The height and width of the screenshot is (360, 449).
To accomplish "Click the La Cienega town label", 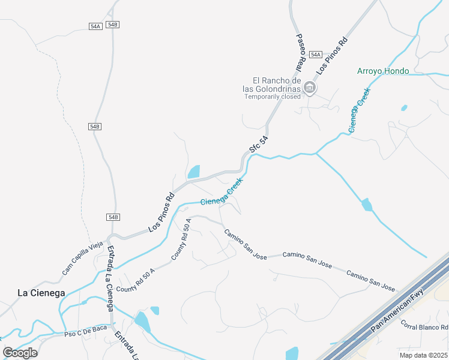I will pyautogui.click(x=41, y=293).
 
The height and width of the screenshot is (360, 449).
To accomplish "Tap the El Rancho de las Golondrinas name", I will pyautogui.click(x=276, y=85).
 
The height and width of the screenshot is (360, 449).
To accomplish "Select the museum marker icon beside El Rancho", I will pyautogui.click(x=310, y=88).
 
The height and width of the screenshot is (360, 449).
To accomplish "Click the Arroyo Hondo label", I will pyautogui.click(x=383, y=71).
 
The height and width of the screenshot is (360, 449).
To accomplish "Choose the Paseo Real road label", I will pyautogui.click(x=301, y=52).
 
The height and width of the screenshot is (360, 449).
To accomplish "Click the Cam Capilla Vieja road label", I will pyautogui.click(x=83, y=259).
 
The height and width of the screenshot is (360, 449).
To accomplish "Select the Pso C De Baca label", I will pyautogui.click(x=82, y=333).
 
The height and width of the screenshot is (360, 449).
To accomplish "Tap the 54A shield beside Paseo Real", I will pyautogui.click(x=316, y=55).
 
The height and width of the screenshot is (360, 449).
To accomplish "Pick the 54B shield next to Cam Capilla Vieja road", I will pyautogui.click(x=114, y=217).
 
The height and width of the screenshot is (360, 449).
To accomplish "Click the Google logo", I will pyautogui.click(x=20, y=353).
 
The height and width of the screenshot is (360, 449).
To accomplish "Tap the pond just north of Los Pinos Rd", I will pyautogui.click(x=194, y=172).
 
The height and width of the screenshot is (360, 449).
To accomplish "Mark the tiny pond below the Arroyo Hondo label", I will pyautogui.click(x=404, y=108).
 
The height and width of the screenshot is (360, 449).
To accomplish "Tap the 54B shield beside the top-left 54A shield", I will pyautogui.click(x=112, y=25).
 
